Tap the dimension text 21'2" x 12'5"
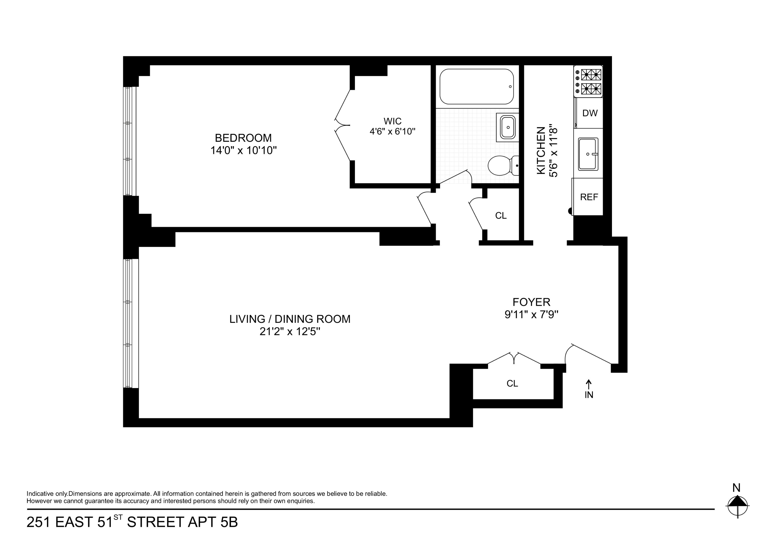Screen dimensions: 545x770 point(290,332)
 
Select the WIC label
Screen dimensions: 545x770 point(392,121)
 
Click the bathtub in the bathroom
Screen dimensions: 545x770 point(477,87)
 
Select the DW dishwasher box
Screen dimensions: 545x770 point(590,113)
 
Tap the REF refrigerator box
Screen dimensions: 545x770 point(589,197)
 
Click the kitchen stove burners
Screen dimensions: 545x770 point(591,81)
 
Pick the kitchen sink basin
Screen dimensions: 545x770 point(588,154)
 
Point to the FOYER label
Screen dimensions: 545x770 point(531,302)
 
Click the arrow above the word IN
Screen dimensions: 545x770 point(589,383)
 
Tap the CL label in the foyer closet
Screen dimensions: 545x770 point(512,384)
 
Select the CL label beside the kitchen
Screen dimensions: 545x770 point(501,215)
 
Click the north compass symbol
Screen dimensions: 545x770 point(737,505)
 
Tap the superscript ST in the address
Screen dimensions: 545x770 point(118,517)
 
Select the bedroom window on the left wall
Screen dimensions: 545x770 point(130,141)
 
